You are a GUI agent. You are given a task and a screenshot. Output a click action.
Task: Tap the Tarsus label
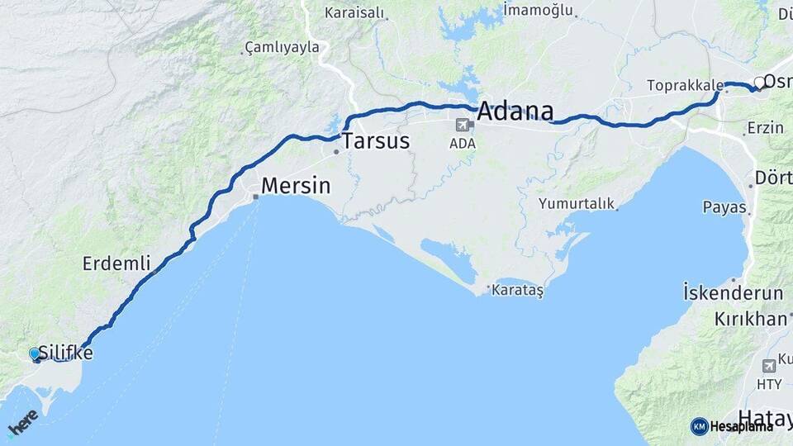coord(376,140)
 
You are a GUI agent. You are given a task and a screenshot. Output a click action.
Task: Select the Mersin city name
coord(296,186)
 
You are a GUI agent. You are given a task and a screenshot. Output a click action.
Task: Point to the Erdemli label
coord(116,263)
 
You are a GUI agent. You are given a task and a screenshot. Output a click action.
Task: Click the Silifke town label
coord(65,353)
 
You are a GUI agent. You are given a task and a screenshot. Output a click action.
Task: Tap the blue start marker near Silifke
coord(35,353)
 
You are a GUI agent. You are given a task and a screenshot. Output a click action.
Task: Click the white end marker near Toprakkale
coord(758,83)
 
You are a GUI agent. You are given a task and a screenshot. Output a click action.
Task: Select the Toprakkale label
coord(685,85)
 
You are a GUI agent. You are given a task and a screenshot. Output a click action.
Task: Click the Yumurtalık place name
coord(577,202)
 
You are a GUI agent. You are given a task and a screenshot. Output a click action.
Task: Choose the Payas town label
coord(724,206)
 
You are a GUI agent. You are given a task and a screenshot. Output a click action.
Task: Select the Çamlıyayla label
coord(282,47)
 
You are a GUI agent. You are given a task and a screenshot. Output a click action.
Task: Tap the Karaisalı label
coord(354,12)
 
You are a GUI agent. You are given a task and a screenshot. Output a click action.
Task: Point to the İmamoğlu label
coord(538,10)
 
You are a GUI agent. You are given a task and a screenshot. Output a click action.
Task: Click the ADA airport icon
coord(462,126)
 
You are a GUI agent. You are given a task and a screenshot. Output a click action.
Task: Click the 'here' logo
coord(22,422)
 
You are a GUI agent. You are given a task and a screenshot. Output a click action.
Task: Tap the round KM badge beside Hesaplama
coord(699,426)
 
